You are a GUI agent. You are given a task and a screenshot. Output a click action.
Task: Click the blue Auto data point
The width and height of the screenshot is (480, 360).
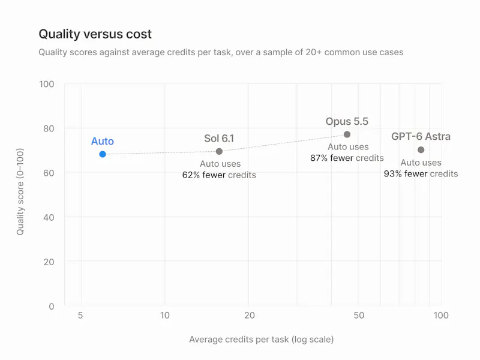tap(103, 154)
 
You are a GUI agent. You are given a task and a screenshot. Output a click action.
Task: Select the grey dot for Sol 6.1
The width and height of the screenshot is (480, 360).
tap(219, 151)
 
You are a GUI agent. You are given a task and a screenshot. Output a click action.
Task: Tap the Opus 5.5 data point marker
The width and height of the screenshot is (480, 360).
tap(347, 134)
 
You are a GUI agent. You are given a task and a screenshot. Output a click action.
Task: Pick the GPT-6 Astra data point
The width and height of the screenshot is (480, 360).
tap(421, 149)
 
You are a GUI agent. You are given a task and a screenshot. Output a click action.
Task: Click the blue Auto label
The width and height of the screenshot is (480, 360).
tap(103, 141)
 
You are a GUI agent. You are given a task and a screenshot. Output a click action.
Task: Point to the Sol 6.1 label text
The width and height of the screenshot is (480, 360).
tap(219, 139)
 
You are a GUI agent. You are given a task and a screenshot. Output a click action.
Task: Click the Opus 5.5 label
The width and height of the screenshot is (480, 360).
tap(347, 121)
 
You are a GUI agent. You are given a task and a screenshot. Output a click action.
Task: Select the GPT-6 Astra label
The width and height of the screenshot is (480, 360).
tap(421, 136)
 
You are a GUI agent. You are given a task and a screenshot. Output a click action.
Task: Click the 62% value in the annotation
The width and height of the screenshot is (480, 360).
tap(191, 175)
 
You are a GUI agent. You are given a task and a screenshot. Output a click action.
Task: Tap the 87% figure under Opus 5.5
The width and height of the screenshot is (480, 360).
tap(319, 158)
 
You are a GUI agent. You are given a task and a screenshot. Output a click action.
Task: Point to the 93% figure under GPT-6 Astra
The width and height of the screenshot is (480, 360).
tap(393, 173)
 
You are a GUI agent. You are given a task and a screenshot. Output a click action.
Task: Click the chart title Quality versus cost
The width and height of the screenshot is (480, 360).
tap(95, 34)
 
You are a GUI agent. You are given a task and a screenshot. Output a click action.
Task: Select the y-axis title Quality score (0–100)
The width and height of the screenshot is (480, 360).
tap(20, 191)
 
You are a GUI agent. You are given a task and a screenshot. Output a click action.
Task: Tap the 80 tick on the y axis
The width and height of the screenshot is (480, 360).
tap(49, 128)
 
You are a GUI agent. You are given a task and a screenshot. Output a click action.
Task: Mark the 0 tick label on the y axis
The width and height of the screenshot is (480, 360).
tap(52, 307)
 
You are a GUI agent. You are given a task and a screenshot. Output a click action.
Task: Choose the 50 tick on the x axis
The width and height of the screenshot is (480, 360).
tap(359, 316)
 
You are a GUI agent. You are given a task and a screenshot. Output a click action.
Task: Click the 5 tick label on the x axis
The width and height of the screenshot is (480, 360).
tap(80, 316)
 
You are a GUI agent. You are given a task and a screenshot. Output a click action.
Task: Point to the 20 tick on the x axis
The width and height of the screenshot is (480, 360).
tap(250, 316)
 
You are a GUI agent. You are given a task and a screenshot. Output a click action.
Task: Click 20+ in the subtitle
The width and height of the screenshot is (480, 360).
tap(313, 52)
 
